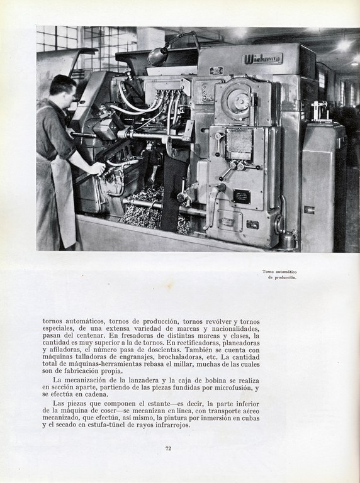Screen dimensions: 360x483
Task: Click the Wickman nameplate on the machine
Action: (262, 58)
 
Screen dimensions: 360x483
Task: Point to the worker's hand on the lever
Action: (96, 169)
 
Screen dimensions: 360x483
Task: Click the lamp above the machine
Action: (158, 57)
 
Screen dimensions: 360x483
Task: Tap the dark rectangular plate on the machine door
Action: (242, 196)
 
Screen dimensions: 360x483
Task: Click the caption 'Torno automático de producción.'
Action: (279, 274)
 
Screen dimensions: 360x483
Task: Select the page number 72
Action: (168, 448)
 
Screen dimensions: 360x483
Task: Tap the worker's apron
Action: (63, 201)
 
